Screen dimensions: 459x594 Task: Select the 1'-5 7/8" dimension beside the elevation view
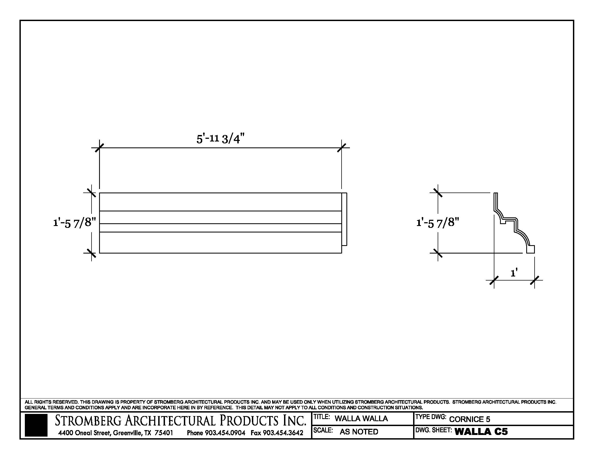coord(75,223)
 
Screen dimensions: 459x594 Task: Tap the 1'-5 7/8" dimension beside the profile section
coord(438,223)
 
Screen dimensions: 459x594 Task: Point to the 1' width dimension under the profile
coord(514,273)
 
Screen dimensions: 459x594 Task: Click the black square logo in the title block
coord(36,425)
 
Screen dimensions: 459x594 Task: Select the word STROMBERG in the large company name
coord(88,421)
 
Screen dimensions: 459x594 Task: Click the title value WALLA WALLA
coord(361,418)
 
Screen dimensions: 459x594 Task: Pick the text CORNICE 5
coord(470,419)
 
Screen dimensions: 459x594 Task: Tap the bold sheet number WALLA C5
coord(481,431)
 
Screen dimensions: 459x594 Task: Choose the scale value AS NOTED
coord(359,431)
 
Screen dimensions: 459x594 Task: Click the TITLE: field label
coord(322,417)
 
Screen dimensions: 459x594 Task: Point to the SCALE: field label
coord(323,430)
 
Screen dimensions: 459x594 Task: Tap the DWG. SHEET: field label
coord(434,430)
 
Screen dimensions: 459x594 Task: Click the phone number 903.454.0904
coord(225,433)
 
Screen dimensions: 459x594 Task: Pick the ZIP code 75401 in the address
coord(164,433)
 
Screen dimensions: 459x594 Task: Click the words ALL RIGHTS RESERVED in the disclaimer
coord(52,402)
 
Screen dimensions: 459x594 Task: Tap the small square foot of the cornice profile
coord(530,249)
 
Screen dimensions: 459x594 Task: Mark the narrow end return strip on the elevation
coord(344,219)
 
